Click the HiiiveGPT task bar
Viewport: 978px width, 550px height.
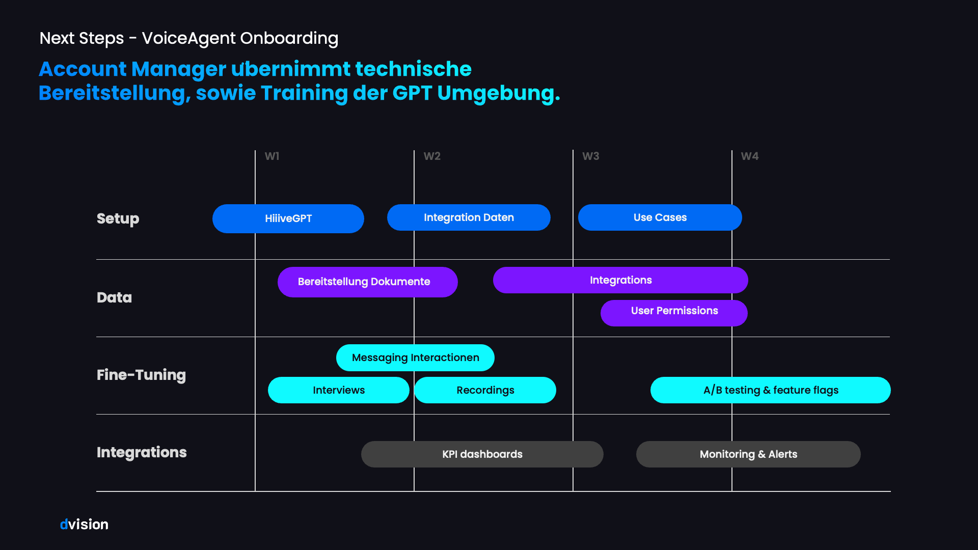(x=288, y=218)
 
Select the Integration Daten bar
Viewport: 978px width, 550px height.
(x=469, y=217)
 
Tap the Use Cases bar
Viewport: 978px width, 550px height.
(x=660, y=217)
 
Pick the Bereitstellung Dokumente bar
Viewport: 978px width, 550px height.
(x=367, y=282)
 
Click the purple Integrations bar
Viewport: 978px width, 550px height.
(x=620, y=280)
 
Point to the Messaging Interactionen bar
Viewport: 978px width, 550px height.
(x=415, y=358)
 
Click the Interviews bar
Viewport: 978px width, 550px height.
(x=339, y=390)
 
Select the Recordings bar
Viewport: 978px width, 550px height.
(x=485, y=390)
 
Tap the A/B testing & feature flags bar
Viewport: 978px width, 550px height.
(x=770, y=390)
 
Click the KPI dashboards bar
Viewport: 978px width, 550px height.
(x=482, y=454)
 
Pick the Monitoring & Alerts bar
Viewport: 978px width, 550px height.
(x=748, y=454)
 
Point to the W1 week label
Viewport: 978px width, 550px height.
(x=272, y=156)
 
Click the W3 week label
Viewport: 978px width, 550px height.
(x=591, y=156)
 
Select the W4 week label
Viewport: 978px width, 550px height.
(x=750, y=156)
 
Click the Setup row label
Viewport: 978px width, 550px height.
(x=118, y=218)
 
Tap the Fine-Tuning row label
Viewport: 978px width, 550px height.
(x=141, y=375)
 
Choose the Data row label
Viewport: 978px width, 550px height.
(x=114, y=297)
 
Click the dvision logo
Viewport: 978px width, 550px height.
(x=84, y=524)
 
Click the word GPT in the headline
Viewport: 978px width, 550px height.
(x=412, y=93)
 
